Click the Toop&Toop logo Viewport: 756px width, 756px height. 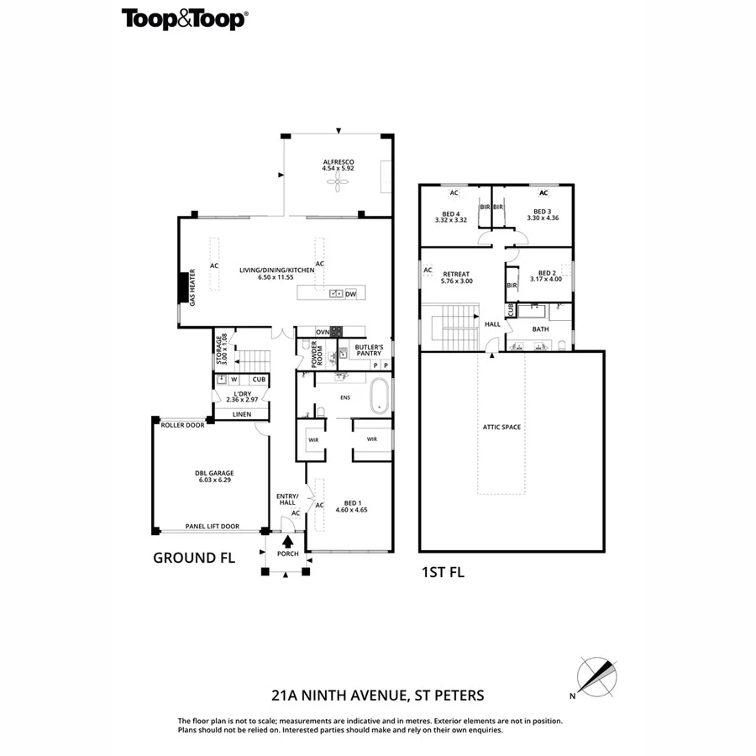[184, 19]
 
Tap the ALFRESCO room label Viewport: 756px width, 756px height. [339, 162]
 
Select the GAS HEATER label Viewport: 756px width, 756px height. [192, 287]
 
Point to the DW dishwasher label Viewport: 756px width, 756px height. [350, 294]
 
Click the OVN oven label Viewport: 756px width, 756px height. [321, 332]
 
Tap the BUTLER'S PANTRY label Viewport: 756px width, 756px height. [369, 351]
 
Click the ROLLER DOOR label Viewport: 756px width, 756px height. [183, 426]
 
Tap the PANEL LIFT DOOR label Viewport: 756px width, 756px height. [212, 527]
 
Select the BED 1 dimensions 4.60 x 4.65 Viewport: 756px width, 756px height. [352, 510]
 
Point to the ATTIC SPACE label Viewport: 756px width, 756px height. [501, 428]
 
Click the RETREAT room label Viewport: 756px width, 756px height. [456, 274]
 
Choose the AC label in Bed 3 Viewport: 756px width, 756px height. [543, 192]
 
